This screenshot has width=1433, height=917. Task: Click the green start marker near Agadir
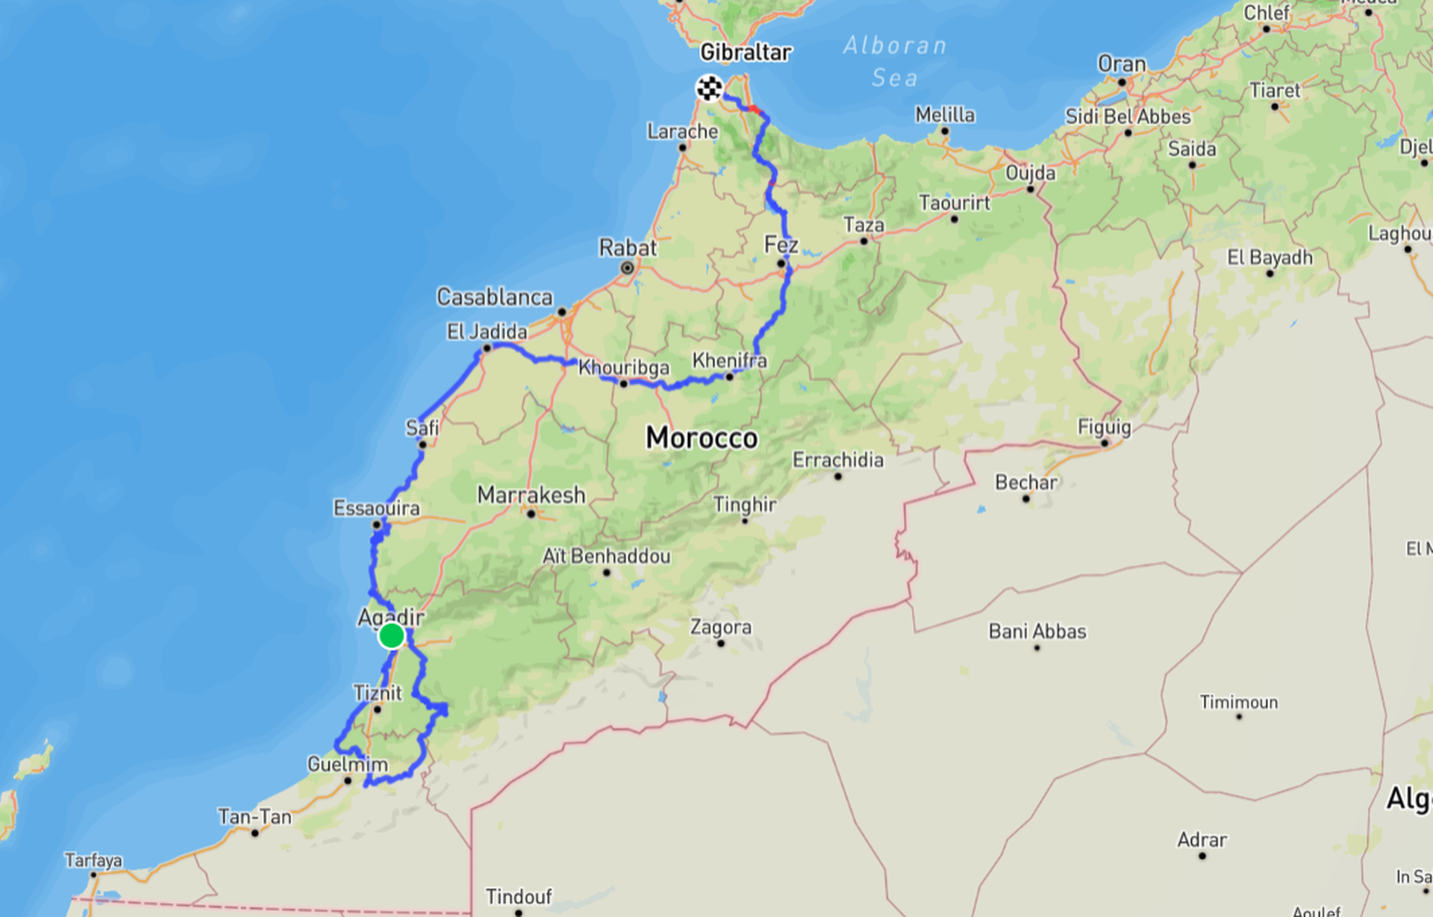[x=392, y=635]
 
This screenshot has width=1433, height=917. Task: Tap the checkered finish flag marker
[x=709, y=88]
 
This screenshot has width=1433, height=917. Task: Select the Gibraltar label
[x=746, y=52]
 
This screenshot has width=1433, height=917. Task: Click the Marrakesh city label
[x=531, y=495]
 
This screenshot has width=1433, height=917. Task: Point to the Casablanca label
[x=495, y=297]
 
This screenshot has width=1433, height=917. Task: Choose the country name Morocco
[x=702, y=438]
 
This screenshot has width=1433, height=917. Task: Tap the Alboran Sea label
[x=895, y=61]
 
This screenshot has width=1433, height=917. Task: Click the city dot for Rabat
[x=628, y=267]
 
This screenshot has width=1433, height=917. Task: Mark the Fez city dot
[x=781, y=264]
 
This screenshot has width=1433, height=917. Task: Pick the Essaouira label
[x=376, y=509]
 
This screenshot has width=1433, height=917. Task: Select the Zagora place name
[x=720, y=627]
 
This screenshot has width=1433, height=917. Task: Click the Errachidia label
[x=837, y=460]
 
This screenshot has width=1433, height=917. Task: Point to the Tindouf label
[x=519, y=896]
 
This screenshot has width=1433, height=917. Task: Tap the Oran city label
[x=1121, y=64]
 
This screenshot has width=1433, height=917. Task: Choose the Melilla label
[x=945, y=115]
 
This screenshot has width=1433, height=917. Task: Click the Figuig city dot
[x=1105, y=443]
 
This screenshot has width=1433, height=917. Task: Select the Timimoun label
[x=1239, y=702]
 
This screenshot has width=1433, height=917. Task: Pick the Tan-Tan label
[x=255, y=817]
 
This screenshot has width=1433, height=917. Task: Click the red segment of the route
[x=754, y=110]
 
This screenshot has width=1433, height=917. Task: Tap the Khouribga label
[x=624, y=367]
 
